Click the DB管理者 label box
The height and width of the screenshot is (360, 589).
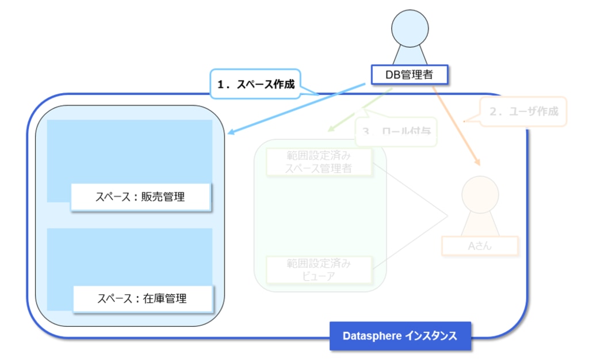click(x=408, y=74)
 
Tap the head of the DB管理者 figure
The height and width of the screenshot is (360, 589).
click(x=410, y=28)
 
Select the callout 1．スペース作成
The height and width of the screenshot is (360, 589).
click(x=256, y=85)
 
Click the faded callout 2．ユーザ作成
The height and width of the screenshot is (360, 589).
click(x=524, y=112)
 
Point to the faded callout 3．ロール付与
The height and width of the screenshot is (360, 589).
click(x=396, y=131)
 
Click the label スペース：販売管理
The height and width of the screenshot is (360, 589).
click(x=140, y=197)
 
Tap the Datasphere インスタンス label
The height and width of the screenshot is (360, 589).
click(x=400, y=336)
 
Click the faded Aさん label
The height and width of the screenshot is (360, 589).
click(x=480, y=246)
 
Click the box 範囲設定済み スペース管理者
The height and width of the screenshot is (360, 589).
click(x=319, y=162)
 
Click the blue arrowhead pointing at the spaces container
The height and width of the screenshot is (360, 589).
click(x=231, y=133)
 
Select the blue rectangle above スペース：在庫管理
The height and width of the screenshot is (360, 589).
click(x=129, y=256)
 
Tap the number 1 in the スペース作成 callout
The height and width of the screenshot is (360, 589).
click(x=220, y=85)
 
